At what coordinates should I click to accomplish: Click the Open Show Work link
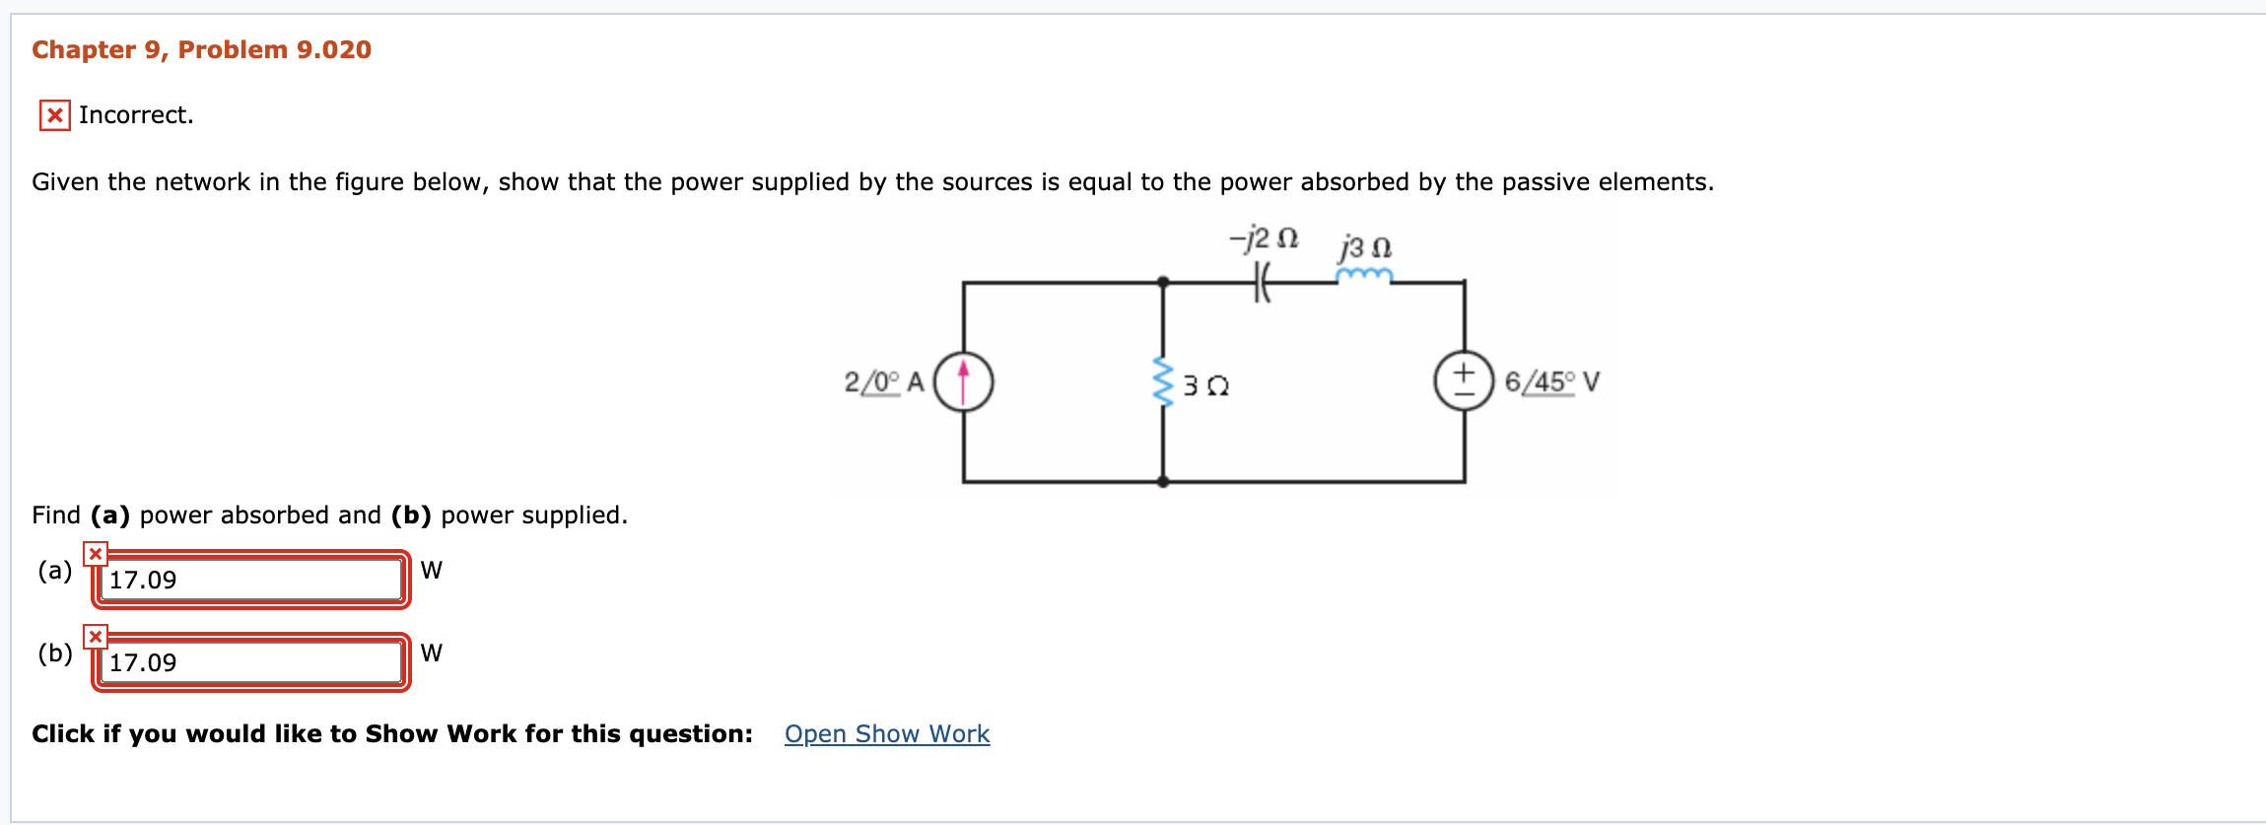click(x=886, y=734)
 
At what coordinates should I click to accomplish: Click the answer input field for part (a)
click(x=251, y=580)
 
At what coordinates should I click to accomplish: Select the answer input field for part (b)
click(x=251, y=662)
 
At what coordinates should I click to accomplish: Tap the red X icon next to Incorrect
click(x=54, y=115)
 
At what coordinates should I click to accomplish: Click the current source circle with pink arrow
click(x=963, y=382)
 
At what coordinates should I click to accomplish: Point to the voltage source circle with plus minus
click(x=1464, y=382)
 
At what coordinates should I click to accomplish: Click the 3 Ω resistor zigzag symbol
click(x=1164, y=382)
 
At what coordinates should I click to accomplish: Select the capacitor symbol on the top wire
click(x=1262, y=283)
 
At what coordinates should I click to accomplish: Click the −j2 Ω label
click(x=1264, y=239)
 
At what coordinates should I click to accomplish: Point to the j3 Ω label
click(x=1365, y=245)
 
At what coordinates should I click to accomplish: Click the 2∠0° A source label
click(x=883, y=381)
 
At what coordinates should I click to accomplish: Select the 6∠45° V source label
click(x=1551, y=381)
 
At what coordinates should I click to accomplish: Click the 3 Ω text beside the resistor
click(x=1205, y=385)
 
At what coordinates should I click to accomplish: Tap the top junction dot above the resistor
click(x=1163, y=282)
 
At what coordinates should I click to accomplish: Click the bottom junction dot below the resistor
click(x=1163, y=482)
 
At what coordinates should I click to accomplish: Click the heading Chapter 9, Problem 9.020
click(x=201, y=50)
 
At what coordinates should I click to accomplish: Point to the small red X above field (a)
click(x=95, y=554)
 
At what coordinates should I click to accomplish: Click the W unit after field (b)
click(x=431, y=653)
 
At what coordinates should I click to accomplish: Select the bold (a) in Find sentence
click(x=109, y=516)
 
